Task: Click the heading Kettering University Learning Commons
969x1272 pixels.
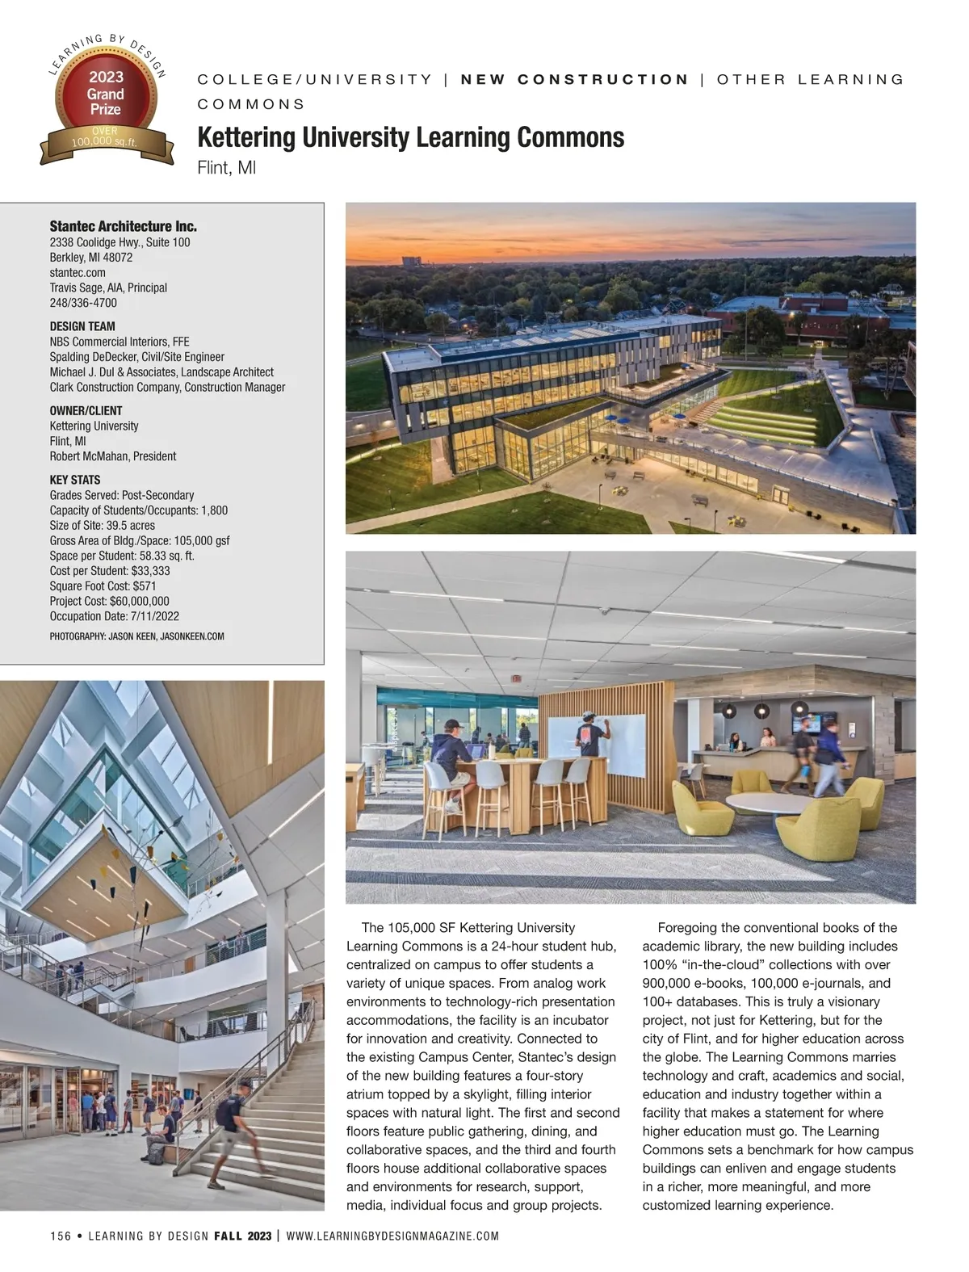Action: (x=410, y=138)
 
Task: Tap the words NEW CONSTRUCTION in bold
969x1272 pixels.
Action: (x=574, y=79)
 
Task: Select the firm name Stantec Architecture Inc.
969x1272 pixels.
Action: (x=123, y=226)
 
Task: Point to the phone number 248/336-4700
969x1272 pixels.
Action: (x=83, y=303)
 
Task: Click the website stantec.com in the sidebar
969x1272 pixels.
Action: (x=78, y=272)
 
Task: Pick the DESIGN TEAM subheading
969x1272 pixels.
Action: (x=82, y=327)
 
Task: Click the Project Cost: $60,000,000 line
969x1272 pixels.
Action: (x=109, y=601)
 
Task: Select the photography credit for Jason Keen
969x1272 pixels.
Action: (x=136, y=636)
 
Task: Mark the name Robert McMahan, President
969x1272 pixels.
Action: (x=112, y=456)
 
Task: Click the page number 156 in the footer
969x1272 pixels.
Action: (x=61, y=1236)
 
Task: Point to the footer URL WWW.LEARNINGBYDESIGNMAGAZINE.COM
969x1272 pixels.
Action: (x=392, y=1236)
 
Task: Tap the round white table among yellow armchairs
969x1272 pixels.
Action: (x=765, y=803)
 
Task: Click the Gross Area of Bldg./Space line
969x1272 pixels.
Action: (x=140, y=540)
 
